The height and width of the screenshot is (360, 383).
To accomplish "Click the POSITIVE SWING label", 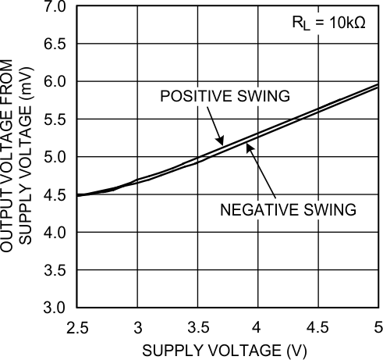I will pyautogui.click(x=225, y=96).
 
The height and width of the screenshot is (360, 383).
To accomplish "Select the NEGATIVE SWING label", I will pyautogui.click(x=288, y=209).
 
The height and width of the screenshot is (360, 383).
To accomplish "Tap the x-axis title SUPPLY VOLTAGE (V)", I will pyautogui.click(x=228, y=348).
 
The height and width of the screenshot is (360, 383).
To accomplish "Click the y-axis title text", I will pyautogui.click(x=17, y=156).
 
